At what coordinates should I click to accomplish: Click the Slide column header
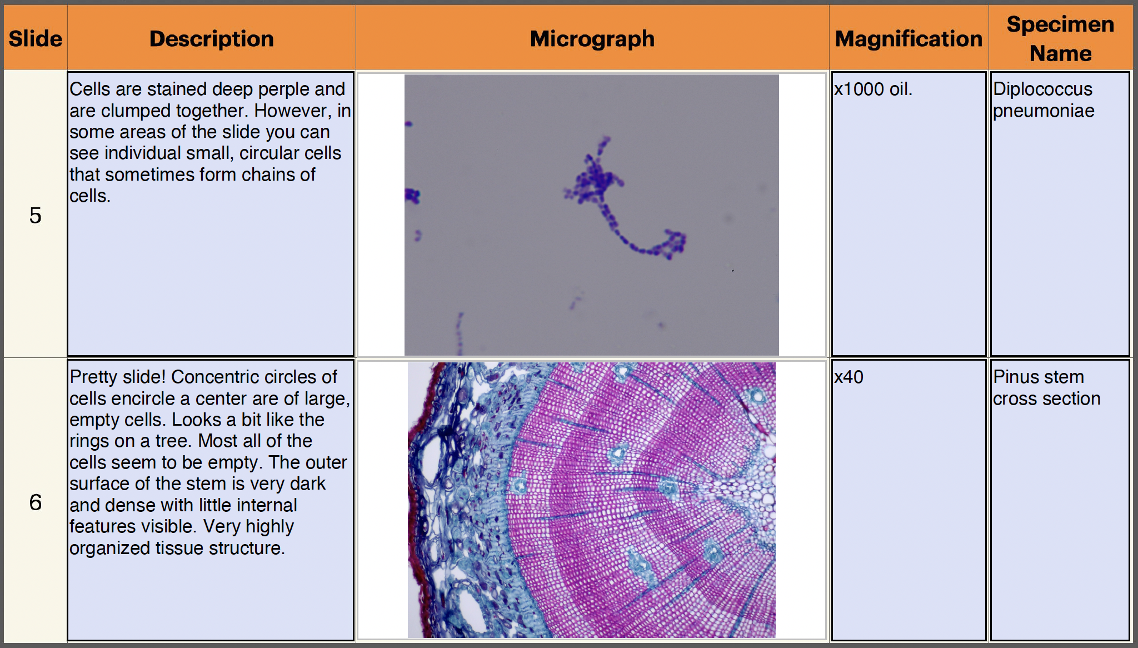coord(35,39)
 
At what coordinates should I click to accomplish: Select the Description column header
coord(212,39)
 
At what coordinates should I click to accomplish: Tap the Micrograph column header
coord(592,39)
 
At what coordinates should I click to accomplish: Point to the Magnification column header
coord(909,39)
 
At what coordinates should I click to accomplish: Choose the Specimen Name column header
coord(1060,39)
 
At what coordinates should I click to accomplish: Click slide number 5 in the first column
coord(35,216)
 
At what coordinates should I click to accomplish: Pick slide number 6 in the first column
coord(35,502)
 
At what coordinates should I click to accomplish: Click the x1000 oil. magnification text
coord(873,89)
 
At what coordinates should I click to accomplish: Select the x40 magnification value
coord(848,377)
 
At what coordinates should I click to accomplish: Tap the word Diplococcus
coord(1042,89)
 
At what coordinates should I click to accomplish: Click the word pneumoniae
coord(1044,111)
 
